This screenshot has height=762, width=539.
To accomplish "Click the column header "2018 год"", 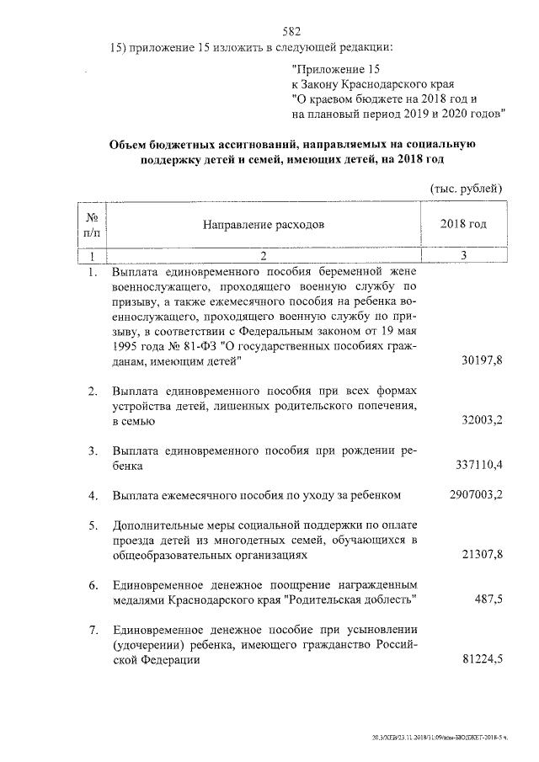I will (x=463, y=225).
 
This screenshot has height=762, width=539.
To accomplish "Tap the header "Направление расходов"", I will (x=262, y=225).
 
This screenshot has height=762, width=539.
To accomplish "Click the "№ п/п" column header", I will (x=92, y=225).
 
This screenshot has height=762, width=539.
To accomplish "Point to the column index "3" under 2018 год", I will (x=463, y=254).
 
